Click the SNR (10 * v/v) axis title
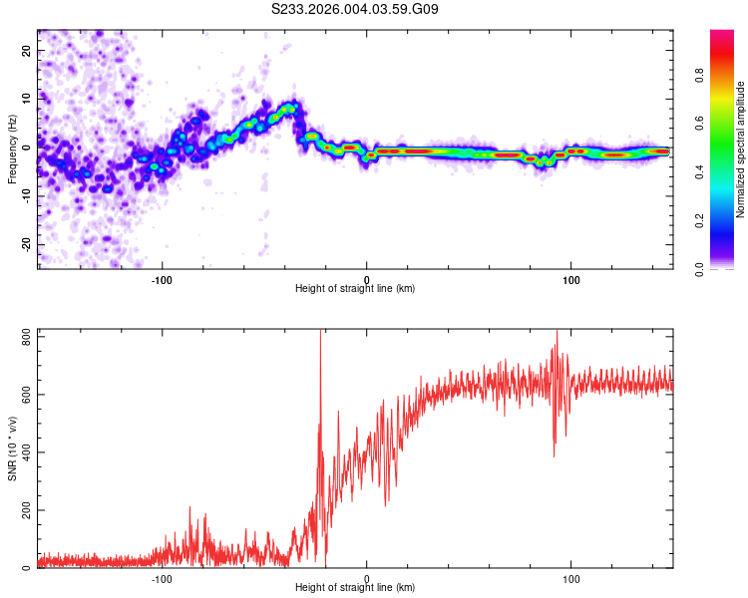12,448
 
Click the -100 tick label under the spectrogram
162,280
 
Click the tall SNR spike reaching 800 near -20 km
320,335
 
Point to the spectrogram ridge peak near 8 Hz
291,106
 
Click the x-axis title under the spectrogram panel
355,289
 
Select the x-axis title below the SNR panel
355,588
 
